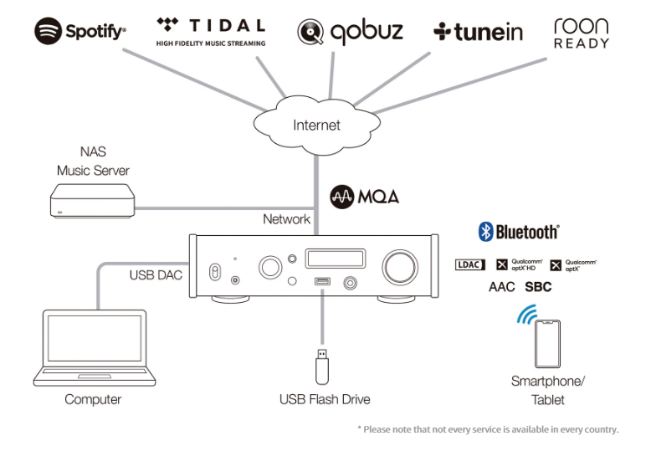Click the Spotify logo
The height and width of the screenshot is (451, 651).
coord(80,31)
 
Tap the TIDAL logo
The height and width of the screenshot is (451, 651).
coord(211,31)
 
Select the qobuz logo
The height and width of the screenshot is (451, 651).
coord(350,32)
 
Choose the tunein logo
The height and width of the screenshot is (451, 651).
coord(478,32)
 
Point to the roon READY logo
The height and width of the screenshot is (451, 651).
coord(581,33)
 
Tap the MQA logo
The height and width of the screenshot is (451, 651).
coord(365,197)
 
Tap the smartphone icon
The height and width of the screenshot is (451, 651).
coord(547,344)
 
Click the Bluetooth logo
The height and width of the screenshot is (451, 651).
coord(518,232)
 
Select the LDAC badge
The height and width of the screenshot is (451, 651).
coord(469,264)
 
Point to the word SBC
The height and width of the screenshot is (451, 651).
coord(538,287)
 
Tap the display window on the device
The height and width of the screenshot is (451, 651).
coord(336,259)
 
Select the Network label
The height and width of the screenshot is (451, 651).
coord(286,219)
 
